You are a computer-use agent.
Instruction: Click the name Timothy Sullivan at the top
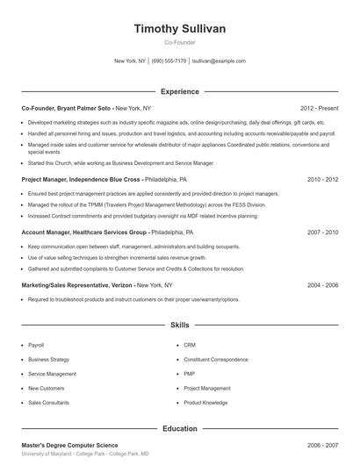click(x=180, y=29)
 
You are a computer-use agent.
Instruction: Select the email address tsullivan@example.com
click(x=219, y=61)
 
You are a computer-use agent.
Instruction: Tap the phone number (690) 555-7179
click(x=169, y=61)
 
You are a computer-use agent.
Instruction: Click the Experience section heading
click(x=180, y=91)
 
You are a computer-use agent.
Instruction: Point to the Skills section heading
click(x=180, y=325)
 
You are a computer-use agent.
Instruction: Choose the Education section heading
click(x=180, y=429)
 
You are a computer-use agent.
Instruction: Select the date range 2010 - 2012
click(x=322, y=179)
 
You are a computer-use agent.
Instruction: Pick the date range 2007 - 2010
click(x=322, y=232)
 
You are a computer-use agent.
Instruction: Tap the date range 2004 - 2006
click(x=322, y=285)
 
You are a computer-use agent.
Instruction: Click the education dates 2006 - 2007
click(x=322, y=445)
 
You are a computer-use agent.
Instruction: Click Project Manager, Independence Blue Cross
click(x=81, y=179)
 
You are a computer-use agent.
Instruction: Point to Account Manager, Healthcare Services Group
click(x=84, y=232)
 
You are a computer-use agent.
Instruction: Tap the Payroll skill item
click(x=36, y=345)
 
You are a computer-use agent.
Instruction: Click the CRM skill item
click(x=190, y=345)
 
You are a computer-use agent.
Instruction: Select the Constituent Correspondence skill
click(x=216, y=359)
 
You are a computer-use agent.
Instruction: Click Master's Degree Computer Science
click(x=69, y=445)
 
